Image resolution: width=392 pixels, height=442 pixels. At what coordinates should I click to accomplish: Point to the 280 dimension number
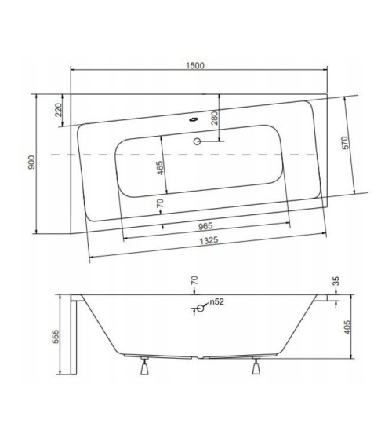[x=213, y=119]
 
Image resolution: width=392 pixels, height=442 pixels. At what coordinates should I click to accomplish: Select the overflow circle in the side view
[x=200, y=309]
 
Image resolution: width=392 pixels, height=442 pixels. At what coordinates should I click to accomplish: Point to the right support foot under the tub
[x=256, y=366]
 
